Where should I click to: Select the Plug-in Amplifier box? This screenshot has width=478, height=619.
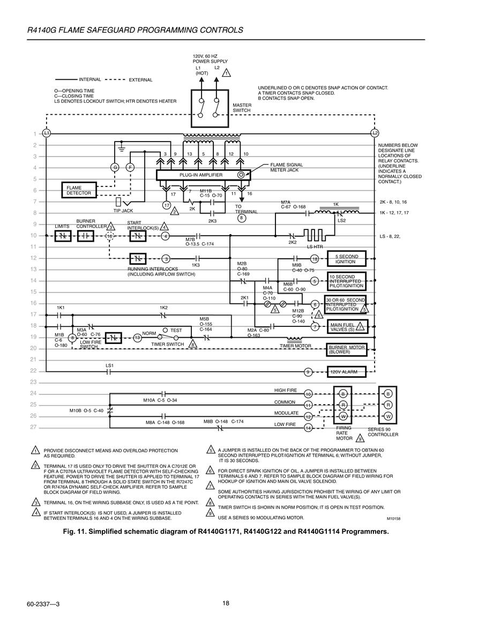click(x=203, y=175)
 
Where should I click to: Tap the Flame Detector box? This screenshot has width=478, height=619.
click(x=79, y=190)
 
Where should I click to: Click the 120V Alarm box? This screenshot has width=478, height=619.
click(x=346, y=372)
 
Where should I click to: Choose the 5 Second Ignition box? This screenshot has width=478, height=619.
click(x=346, y=259)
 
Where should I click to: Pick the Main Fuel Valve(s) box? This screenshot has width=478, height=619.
click(x=347, y=327)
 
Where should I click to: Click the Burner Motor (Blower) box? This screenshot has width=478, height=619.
click(x=347, y=350)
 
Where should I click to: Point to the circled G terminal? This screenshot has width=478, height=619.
click(x=115, y=167)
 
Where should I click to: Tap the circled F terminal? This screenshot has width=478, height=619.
click(x=130, y=167)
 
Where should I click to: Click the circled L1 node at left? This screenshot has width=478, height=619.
click(x=47, y=133)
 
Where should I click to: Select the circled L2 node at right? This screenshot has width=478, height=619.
click(x=375, y=133)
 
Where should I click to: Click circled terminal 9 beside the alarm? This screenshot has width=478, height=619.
click(x=308, y=372)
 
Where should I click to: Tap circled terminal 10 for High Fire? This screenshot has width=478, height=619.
click(x=308, y=394)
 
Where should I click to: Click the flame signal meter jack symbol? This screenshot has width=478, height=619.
click(x=241, y=175)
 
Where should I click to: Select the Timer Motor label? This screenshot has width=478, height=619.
click(x=295, y=346)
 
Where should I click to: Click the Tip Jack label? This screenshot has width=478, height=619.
click(x=123, y=211)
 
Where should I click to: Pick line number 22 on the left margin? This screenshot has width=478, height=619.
click(x=33, y=371)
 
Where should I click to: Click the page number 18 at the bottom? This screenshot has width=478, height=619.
click(x=226, y=603)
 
